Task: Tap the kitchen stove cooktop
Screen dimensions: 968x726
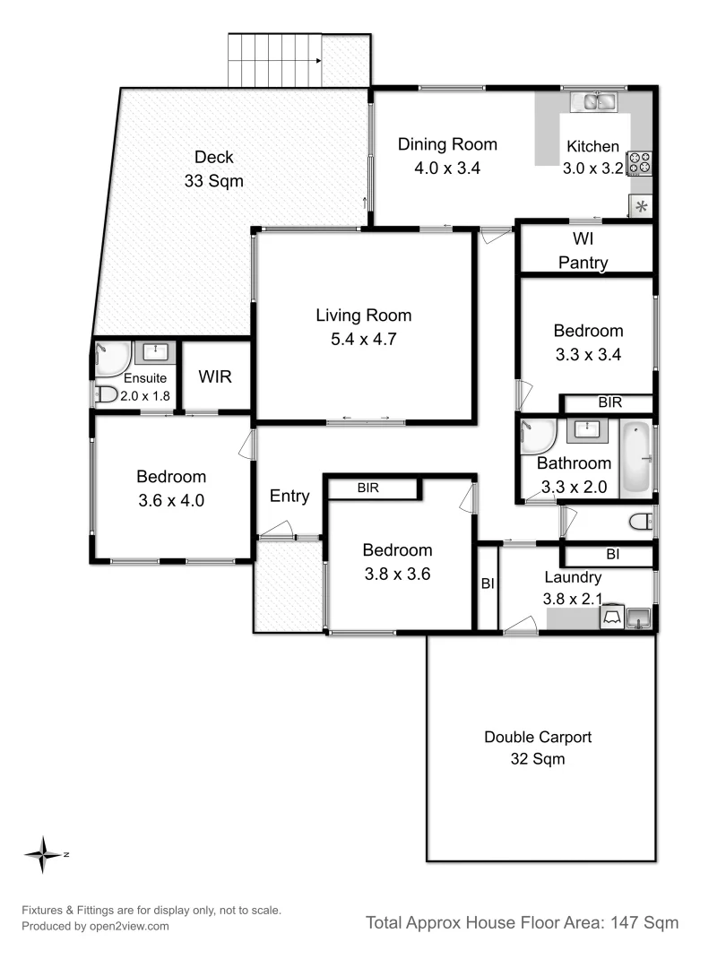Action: (x=640, y=162)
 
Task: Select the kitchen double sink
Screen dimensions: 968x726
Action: (x=596, y=101)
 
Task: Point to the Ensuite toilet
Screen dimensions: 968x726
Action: (x=106, y=393)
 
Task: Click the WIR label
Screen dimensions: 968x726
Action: (x=215, y=376)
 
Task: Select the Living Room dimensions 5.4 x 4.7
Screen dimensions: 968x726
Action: (x=363, y=340)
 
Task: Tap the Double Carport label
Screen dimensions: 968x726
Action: (x=538, y=738)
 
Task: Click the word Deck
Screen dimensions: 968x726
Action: (x=213, y=157)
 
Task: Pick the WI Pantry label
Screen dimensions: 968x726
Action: (x=583, y=251)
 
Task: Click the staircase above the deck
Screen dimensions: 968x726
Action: (x=276, y=59)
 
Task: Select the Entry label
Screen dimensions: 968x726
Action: (x=290, y=496)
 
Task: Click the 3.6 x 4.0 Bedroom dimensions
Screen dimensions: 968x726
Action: (x=171, y=501)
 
